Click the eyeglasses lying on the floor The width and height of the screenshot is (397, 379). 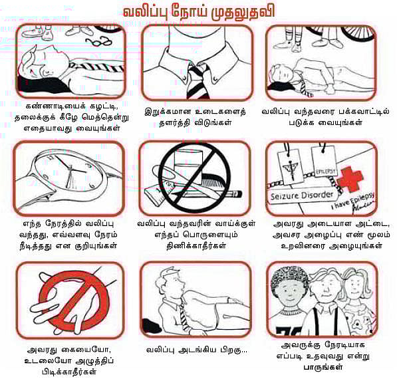tap(98, 41)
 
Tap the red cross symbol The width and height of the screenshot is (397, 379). tap(351, 179)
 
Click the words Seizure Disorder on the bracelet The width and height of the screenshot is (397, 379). tap(302, 195)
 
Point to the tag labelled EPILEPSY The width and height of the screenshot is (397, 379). tap(326, 172)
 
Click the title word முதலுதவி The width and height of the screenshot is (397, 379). tap(243, 12)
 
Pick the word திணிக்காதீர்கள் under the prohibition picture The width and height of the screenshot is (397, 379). tap(196, 245)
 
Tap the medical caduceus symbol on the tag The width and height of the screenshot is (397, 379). tap(291, 168)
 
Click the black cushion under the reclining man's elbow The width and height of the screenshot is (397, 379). tap(152, 325)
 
